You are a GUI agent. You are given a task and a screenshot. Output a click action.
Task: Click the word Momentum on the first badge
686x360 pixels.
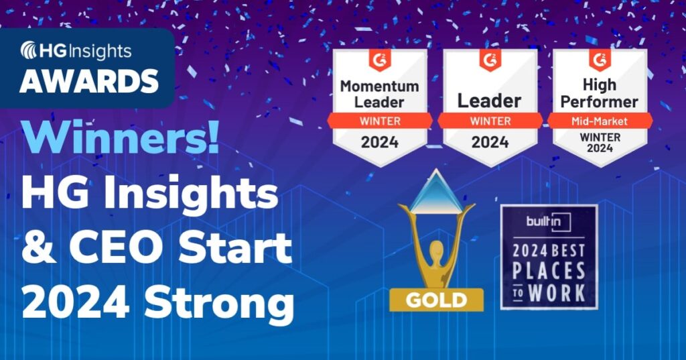pos(380,86)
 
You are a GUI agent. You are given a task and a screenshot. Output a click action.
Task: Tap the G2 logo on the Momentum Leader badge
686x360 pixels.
pos(379,60)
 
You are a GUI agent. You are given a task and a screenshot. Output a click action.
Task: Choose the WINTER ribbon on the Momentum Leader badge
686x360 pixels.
pos(380,121)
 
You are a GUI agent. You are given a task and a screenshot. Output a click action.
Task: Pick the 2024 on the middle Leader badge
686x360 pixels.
pos(490,141)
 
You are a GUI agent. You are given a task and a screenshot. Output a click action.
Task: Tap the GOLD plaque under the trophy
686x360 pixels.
pos(436,299)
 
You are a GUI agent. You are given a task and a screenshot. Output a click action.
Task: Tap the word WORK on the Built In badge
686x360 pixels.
pos(557,293)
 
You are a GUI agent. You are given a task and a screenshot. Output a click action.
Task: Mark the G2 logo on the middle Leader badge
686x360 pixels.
pos(490,60)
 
